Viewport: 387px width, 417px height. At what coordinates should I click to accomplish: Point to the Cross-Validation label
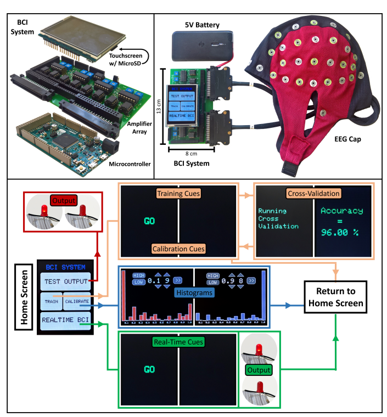click(x=314, y=194)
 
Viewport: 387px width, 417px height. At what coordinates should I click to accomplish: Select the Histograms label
click(x=194, y=294)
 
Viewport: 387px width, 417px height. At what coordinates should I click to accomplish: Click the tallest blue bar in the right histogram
click(x=264, y=296)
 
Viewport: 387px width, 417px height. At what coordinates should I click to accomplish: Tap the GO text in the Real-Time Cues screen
click(x=149, y=369)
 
